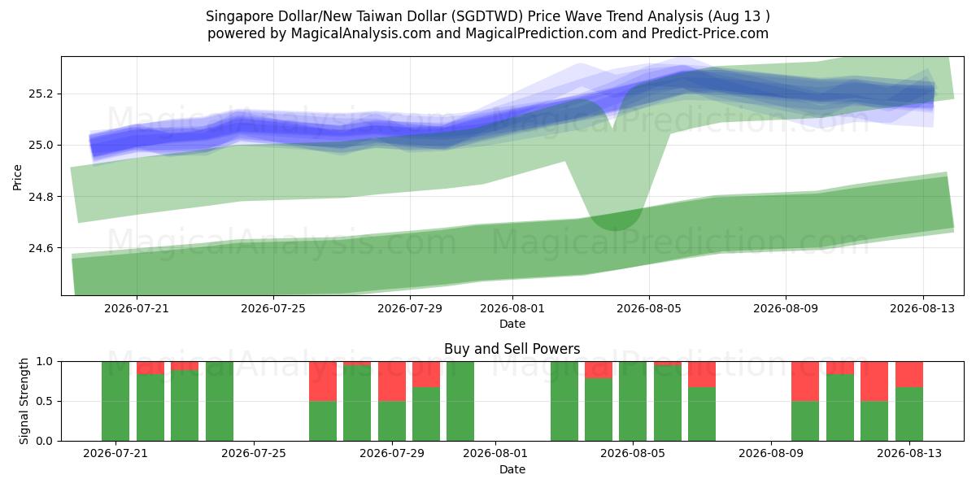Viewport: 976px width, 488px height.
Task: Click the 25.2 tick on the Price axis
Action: [40, 94]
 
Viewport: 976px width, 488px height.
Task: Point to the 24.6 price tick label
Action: [40, 248]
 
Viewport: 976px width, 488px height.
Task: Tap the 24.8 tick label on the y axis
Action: [40, 197]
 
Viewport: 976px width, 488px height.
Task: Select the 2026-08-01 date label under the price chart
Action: [512, 308]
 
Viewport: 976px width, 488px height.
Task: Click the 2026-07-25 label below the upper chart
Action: [273, 308]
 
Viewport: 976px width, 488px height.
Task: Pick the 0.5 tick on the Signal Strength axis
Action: [46, 401]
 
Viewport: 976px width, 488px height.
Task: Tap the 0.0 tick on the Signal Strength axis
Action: [46, 441]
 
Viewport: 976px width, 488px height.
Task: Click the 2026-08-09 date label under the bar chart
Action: [771, 454]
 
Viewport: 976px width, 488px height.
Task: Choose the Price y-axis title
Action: [17, 177]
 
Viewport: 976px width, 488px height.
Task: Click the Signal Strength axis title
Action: [24, 401]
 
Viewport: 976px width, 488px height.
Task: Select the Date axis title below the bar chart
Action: [512, 469]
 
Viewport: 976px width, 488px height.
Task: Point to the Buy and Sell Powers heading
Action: [512, 349]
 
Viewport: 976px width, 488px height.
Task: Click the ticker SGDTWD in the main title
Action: [486, 16]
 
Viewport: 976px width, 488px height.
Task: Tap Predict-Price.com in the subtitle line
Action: [710, 33]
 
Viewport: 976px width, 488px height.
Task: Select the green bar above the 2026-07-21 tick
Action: [115, 401]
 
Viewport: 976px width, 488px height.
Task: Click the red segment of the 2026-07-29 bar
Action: [392, 381]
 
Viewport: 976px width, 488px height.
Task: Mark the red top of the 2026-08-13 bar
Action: [909, 374]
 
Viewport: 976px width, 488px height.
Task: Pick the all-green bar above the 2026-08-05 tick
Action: [633, 401]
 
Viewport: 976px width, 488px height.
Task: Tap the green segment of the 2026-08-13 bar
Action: [909, 414]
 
